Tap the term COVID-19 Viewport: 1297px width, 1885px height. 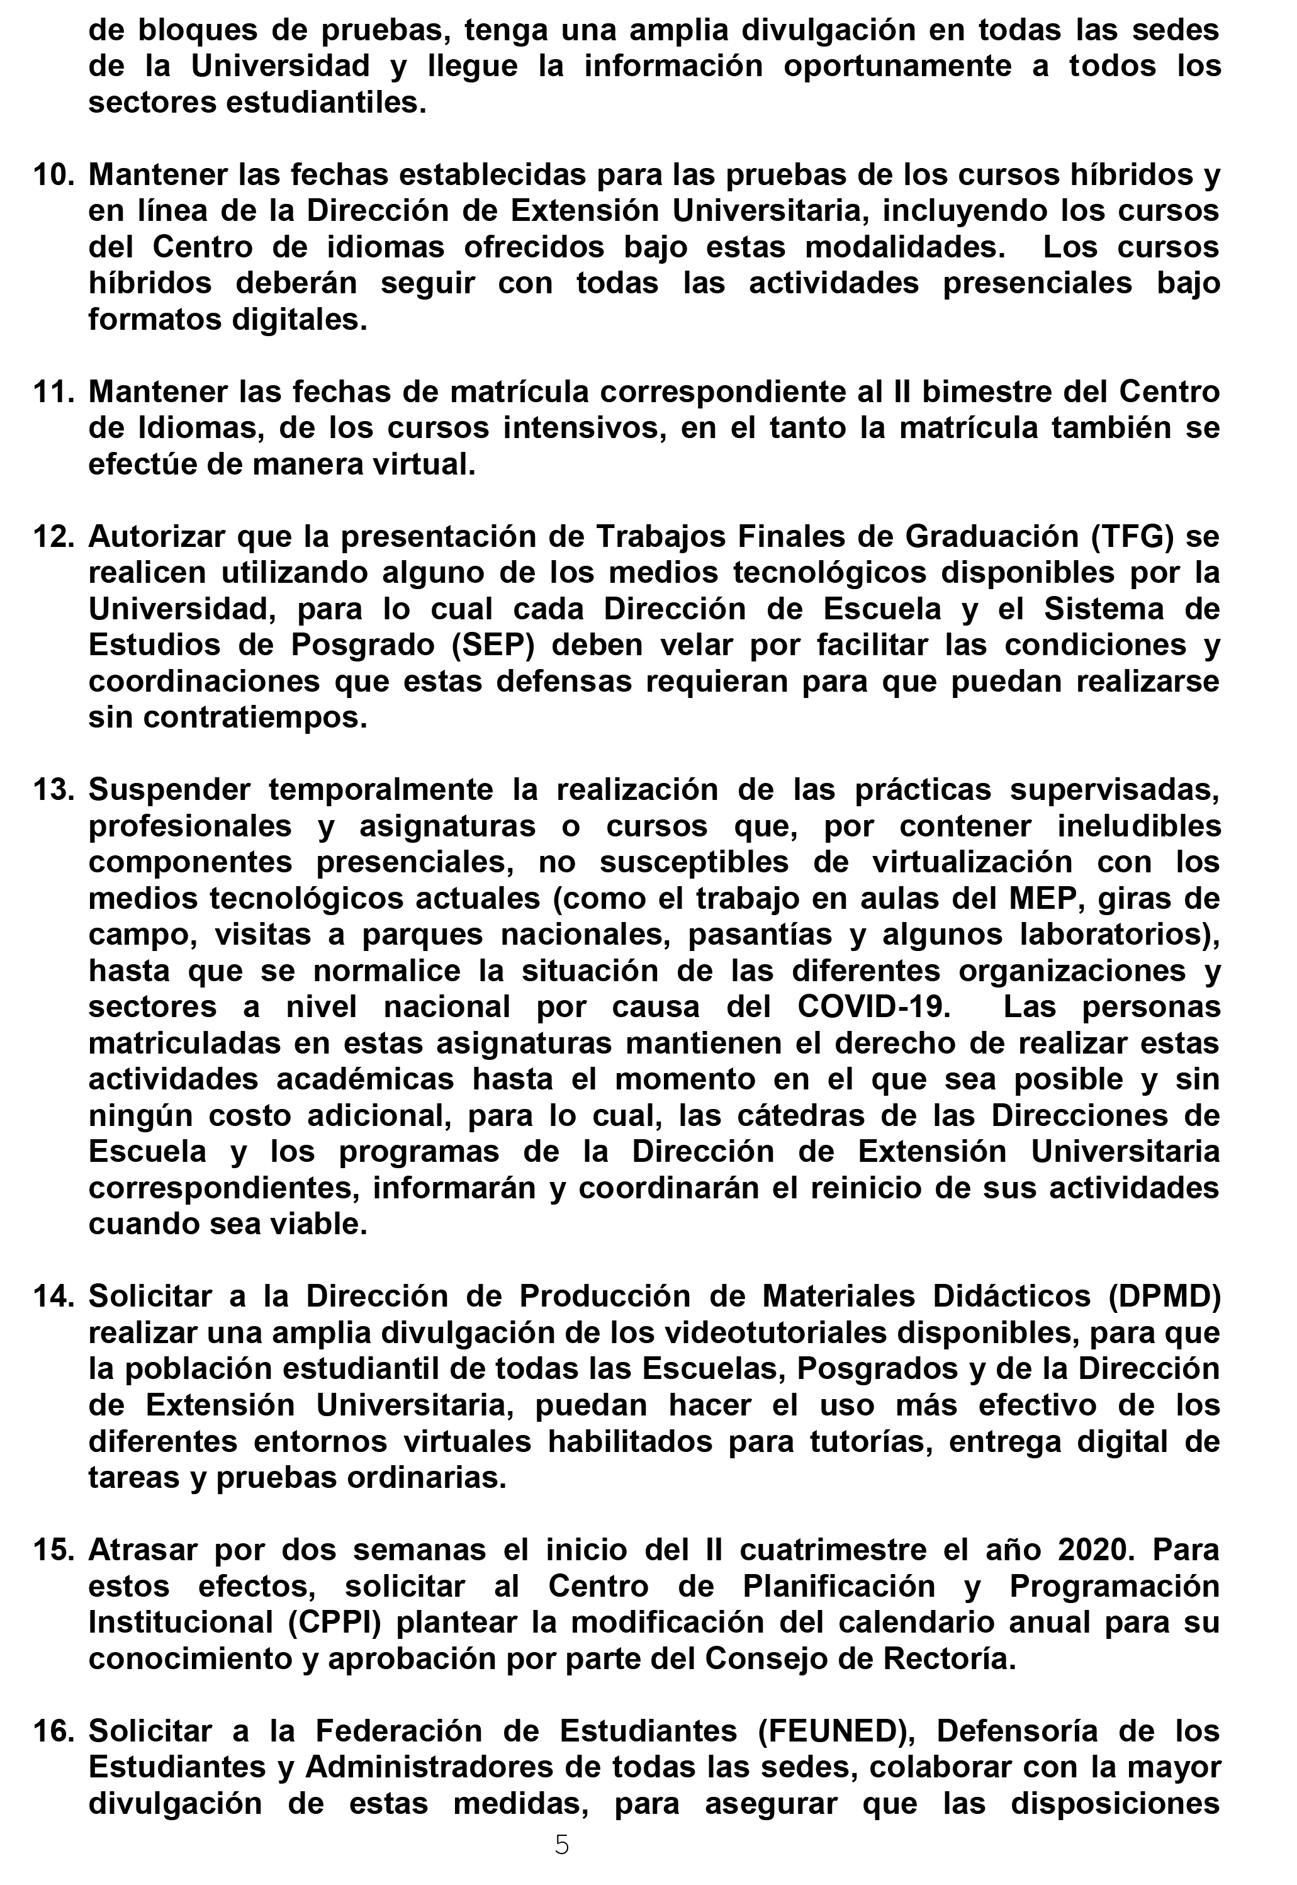tap(873, 1007)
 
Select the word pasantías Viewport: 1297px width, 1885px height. tap(759, 935)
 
